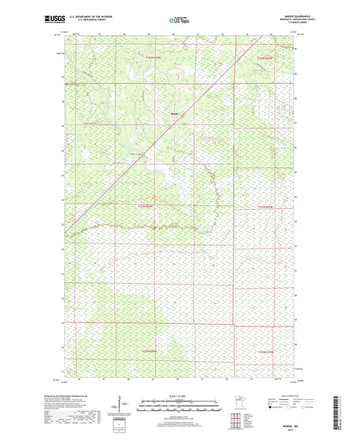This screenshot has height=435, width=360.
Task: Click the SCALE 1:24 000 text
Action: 180,396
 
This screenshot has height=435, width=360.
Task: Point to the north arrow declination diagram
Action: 122,406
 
